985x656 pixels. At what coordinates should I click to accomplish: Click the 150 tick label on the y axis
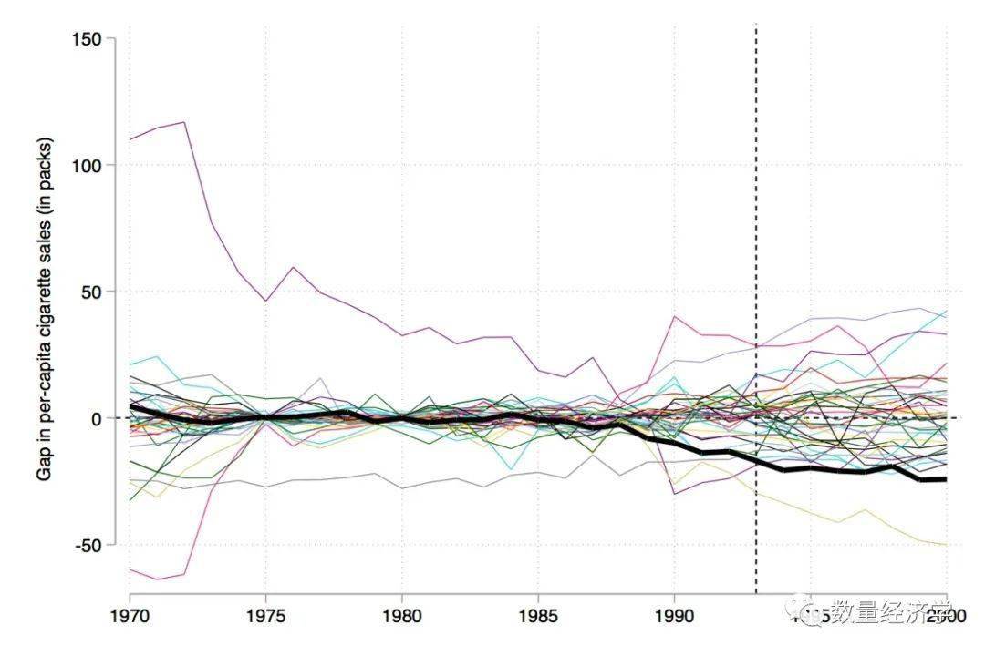[x=88, y=39]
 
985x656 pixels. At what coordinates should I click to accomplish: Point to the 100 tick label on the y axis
[x=88, y=165]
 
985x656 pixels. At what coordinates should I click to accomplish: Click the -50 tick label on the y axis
[x=90, y=545]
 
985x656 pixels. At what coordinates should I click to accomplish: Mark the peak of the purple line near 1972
[x=185, y=122]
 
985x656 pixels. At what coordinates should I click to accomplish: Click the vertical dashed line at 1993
[x=756, y=273]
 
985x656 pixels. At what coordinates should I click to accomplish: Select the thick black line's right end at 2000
[x=946, y=479]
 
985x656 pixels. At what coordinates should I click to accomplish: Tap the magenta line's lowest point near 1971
[x=158, y=579]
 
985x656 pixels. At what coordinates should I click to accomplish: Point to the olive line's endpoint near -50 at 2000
[x=946, y=545]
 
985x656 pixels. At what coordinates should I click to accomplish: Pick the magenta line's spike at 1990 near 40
[x=674, y=317]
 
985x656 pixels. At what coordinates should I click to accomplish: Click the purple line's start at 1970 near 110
[x=131, y=139]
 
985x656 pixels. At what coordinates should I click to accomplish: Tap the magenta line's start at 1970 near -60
[x=131, y=569]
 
